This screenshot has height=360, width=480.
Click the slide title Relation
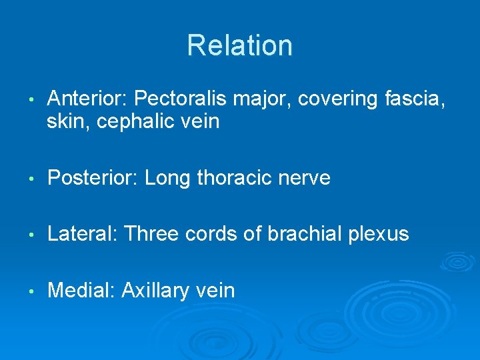[239, 45]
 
